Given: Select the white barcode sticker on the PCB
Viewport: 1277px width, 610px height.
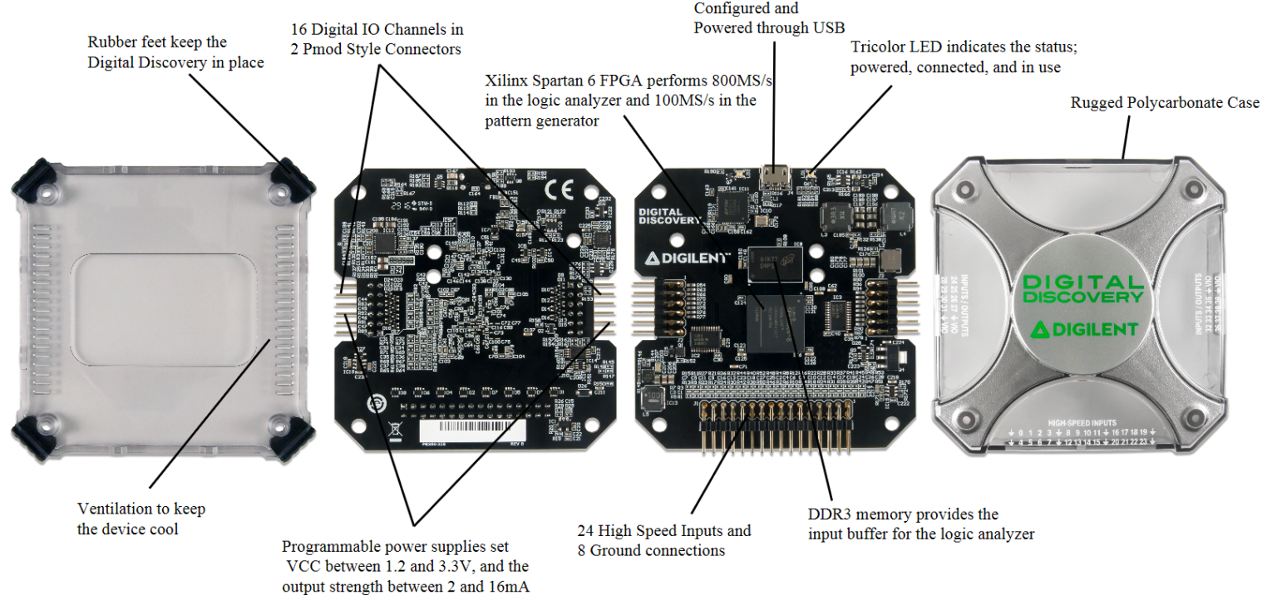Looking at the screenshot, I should click(467, 431).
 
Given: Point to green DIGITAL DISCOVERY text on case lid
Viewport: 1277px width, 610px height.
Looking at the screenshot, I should click(1082, 289).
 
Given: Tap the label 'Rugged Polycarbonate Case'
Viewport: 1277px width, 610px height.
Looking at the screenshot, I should click(1164, 103).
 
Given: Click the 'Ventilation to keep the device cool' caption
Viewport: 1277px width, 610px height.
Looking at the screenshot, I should click(141, 519).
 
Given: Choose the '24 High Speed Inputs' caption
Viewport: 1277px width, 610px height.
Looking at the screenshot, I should click(663, 531).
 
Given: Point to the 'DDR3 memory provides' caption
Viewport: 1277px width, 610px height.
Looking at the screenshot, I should click(903, 514).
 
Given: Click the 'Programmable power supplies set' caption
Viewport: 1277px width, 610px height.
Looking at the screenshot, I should click(395, 547).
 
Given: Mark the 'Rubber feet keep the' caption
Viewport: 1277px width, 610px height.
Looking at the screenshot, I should click(157, 42).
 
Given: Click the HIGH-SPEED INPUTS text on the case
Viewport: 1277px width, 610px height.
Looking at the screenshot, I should click(1082, 422).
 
